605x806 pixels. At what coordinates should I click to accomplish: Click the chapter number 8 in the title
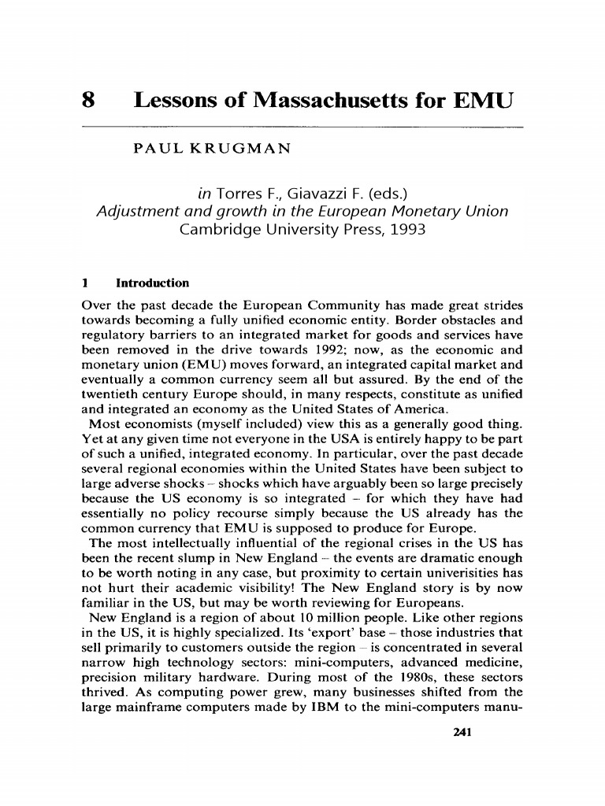pyautogui.click(x=88, y=102)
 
